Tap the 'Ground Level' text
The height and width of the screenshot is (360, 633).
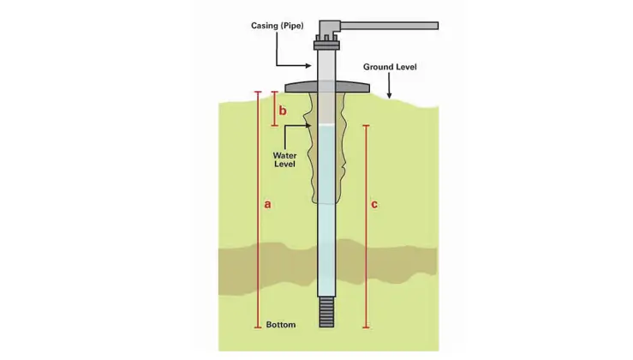pos(390,66)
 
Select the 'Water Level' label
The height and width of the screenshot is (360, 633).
pos(284,159)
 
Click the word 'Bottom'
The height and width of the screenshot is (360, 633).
pos(281,326)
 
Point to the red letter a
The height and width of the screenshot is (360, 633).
pos(268,205)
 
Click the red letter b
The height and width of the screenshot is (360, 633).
pos(283,111)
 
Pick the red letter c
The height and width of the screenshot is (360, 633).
pos(374,205)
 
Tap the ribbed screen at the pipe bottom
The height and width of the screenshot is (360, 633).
pos(326,312)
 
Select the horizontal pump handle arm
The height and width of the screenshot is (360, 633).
pos(390,26)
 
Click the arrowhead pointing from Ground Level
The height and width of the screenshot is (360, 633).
pos(390,96)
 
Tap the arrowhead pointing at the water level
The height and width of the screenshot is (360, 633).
pos(310,126)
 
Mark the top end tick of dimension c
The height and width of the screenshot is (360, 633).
pos(367,126)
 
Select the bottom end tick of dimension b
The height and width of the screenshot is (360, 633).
pos(274,126)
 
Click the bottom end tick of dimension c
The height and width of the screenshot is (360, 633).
pos(367,327)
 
